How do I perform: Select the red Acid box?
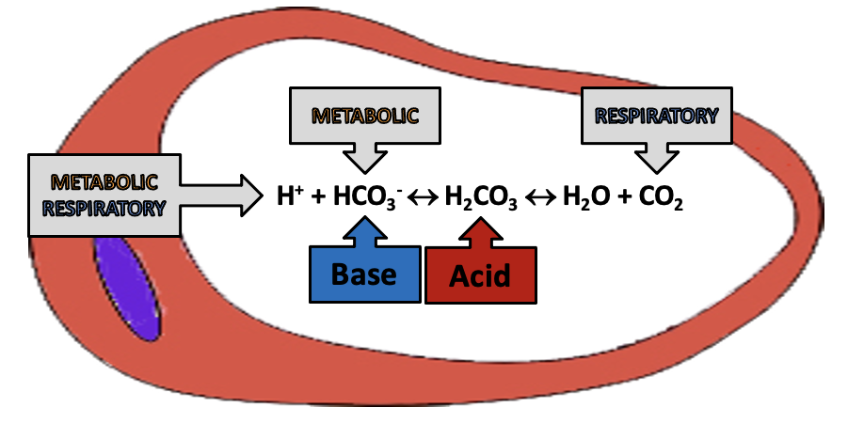point(480,275)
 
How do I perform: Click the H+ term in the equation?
point(288,197)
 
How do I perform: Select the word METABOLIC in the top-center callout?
point(364,117)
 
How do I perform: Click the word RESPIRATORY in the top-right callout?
point(656,117)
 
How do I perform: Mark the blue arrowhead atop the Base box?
point(363,230)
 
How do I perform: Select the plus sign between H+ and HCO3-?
point(318,198)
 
